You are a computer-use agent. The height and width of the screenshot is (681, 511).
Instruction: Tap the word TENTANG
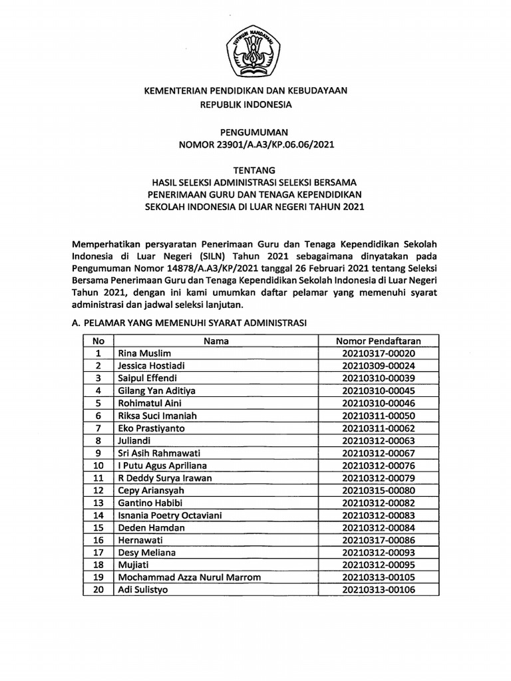[255, 170]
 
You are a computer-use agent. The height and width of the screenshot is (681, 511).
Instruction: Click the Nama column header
[216, 341]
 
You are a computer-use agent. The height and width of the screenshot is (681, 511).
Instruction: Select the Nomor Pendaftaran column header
[378, 341]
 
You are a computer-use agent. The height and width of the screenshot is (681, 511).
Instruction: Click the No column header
[98, 341]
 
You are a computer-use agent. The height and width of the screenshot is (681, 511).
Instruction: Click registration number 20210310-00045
[378, 390]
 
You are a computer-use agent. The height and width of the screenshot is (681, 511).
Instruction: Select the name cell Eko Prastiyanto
[148, 428]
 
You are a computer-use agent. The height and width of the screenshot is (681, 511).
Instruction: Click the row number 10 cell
[98, 465]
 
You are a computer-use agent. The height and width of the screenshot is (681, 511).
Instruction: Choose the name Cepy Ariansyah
[150, 490]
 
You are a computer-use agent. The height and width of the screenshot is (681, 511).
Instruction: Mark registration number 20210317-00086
[378, 539]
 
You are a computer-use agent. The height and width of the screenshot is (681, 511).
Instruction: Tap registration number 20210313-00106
[378, 589]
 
